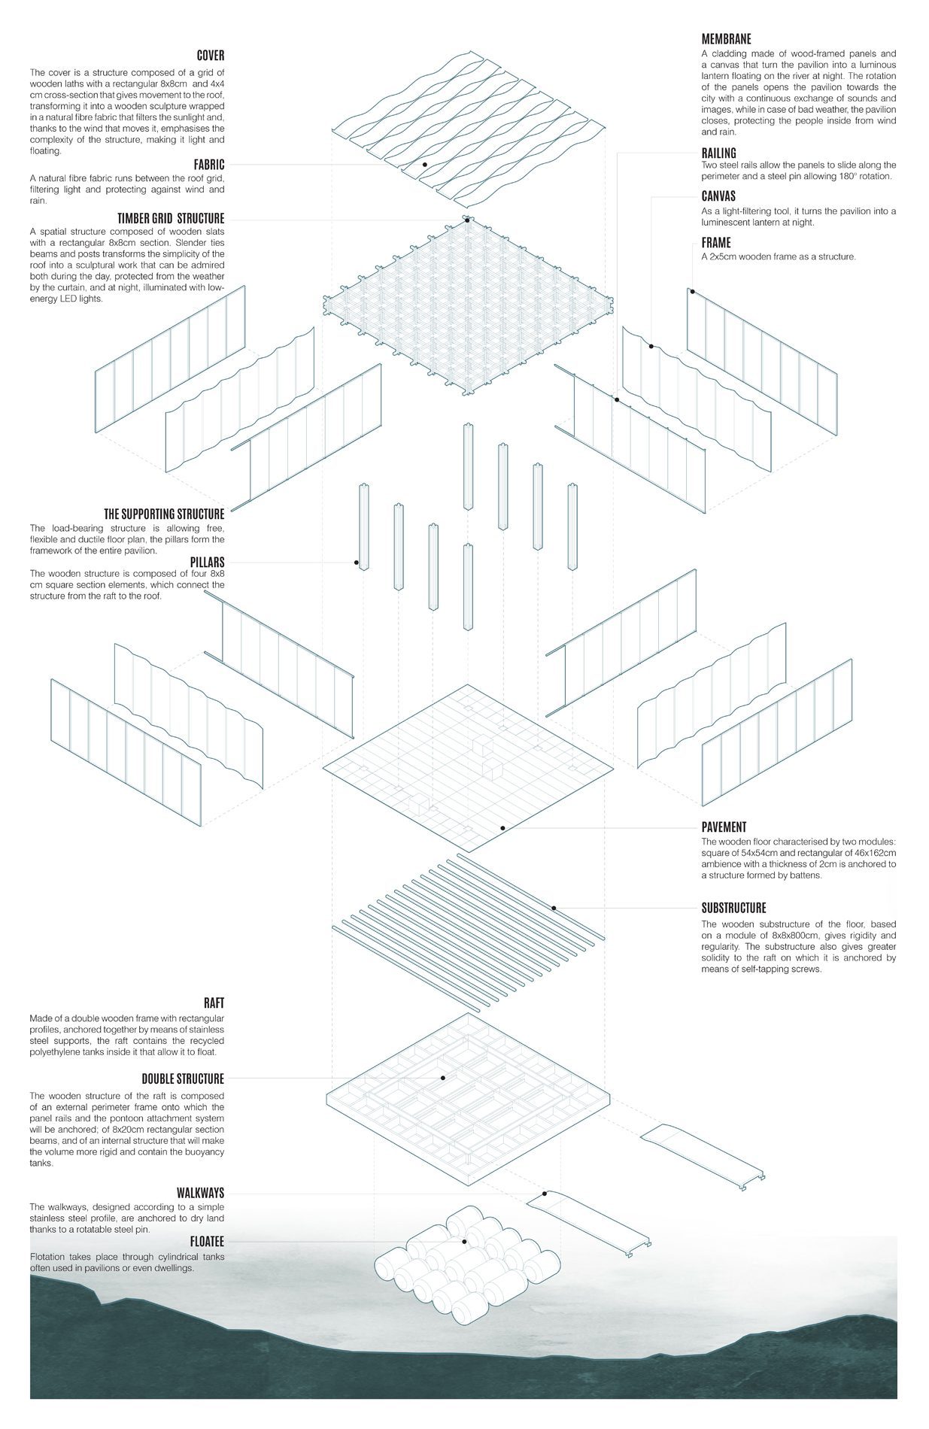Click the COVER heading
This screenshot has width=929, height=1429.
(210, 56)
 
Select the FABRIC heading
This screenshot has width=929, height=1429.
(208, 165)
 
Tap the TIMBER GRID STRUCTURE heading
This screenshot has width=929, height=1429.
(171, 219)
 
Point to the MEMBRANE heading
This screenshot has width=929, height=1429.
(726, 39)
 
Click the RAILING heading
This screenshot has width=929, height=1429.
(718, 153)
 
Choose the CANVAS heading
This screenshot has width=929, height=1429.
(718, 197)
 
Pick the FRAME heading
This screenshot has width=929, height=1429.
(715, 243)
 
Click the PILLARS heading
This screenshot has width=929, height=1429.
(207, 562)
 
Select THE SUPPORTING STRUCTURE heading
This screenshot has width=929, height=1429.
(164, 514)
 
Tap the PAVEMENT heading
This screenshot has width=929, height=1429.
(724, 827)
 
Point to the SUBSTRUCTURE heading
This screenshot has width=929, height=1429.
(733, 908)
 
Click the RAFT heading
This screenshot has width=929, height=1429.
(214, 1003)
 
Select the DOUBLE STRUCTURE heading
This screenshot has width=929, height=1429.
(183, 1079)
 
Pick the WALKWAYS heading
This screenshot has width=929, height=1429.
(200, 1193)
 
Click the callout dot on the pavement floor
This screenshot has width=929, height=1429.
(502, 828)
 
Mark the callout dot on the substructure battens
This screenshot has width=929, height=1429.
(554, 908)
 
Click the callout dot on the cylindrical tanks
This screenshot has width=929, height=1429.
(465, 1242)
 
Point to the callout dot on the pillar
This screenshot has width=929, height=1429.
(356, 562)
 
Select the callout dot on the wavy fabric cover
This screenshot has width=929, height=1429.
(424, 164)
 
